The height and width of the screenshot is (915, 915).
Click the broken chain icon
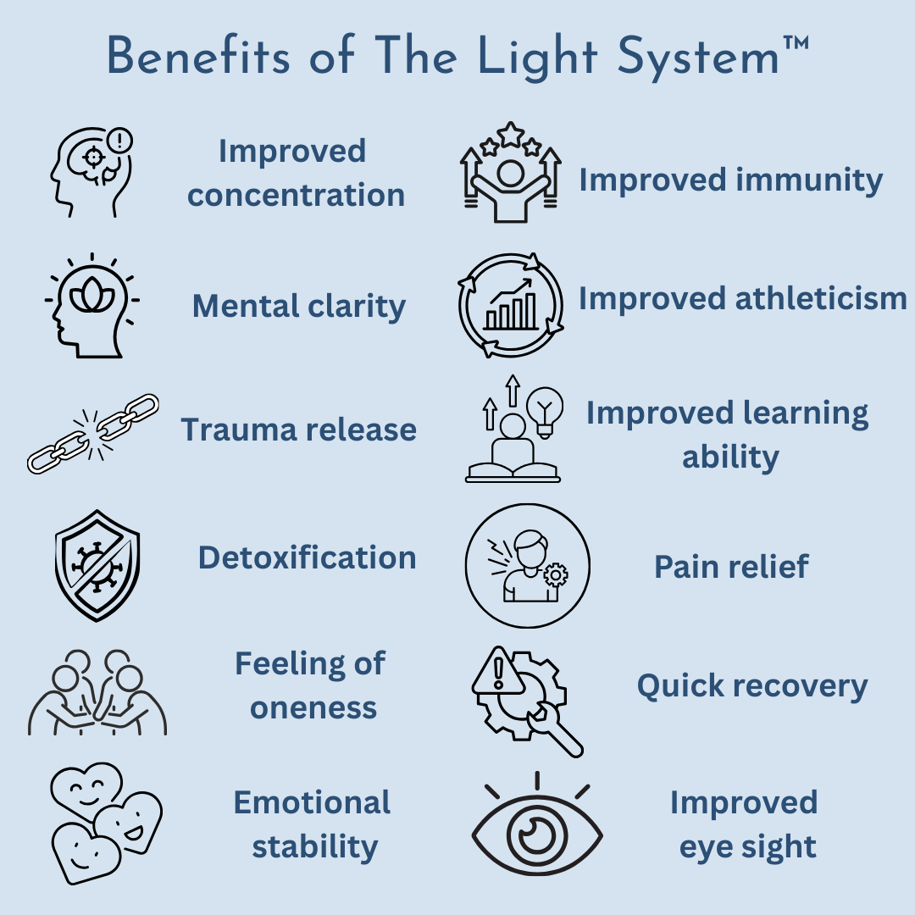93,433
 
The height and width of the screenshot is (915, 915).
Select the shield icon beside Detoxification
95,565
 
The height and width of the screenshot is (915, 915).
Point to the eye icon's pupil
536,835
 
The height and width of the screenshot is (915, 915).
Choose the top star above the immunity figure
511,133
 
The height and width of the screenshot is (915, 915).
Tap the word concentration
296,195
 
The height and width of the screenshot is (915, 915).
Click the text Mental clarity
299,306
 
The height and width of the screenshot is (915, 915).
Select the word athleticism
819,298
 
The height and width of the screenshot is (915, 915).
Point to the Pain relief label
731,566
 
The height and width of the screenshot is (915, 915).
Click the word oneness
313,707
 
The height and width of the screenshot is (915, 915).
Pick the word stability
315,846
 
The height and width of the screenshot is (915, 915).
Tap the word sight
779,846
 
